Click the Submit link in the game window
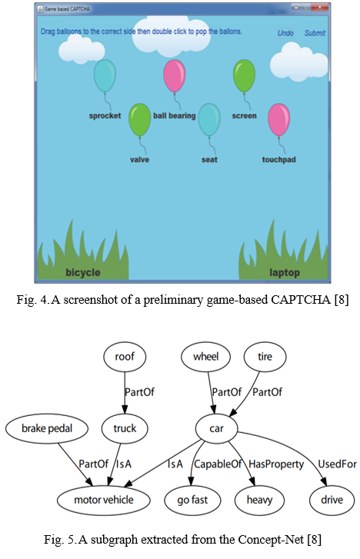pyautogui.click(x=315, y=33)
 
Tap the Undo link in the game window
pyautogui.click(x=285, y=33)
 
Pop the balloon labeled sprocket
pyautogui.click(x=105, y=76)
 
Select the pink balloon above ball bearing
pyautogui.click(x=175, y=76)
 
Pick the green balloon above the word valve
pyautogui.click(x=139, y=120)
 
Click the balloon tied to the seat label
pyautogui.click(x=209, y=120)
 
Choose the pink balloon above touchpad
pyautogui.click(x=279, y=120)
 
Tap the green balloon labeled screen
pyautogui.click(x=244, y=76)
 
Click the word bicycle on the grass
pyautogui.click(x=83, y=273)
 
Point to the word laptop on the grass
pyautogui.click(x=285, y=273)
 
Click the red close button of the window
pyautogui.click(x=320, y=7)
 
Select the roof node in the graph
pyautogui.click(x=125, y=357)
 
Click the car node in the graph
pyautogui.click(x=216, y=428)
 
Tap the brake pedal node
pyautogui.click(x=47, y=428)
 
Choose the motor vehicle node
pyautogui.click(x=104, y=500)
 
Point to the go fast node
pyautogui.click(x=192, y=500)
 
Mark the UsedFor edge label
pyautogui.click(x=337, y=464)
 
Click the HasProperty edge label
pyautogui.click(x=276, y=464)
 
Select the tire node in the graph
pyautogui.click(x=265, y=357)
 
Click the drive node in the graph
pyautogui.click(x=332, y=500)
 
